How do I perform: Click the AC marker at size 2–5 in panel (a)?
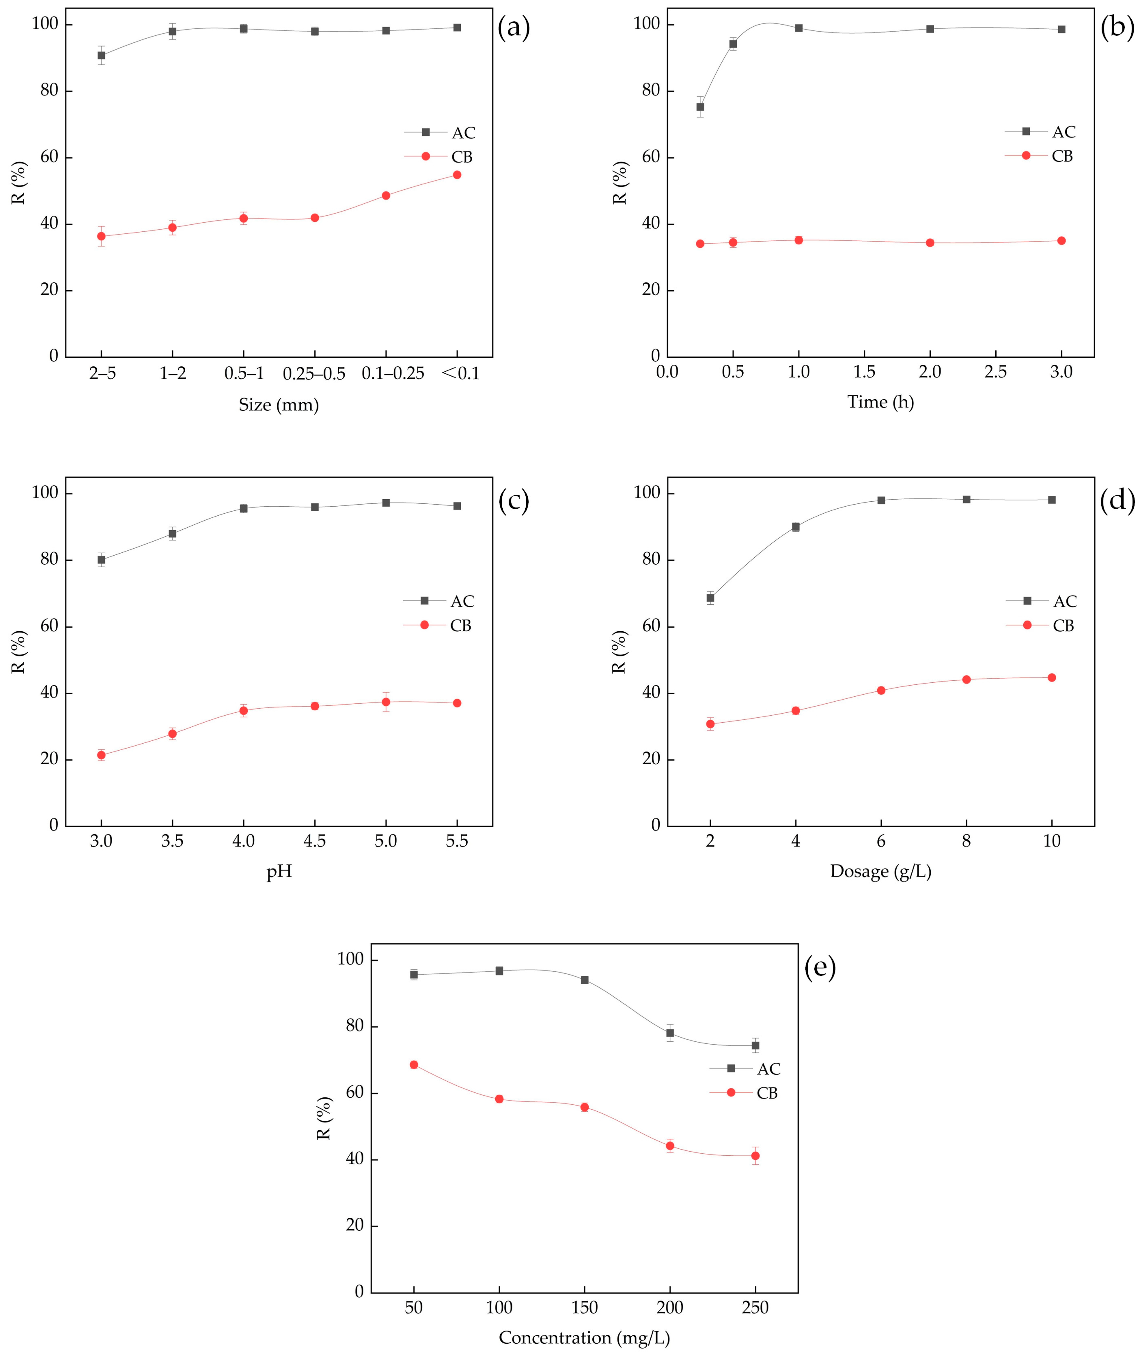tap(101, 55)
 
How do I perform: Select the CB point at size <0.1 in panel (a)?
tap(457, 174)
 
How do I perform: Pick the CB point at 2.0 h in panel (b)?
tap(930, 242)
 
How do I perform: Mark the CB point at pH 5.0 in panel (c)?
tap(386, 702)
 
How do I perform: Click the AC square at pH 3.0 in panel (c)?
tap(101, 559)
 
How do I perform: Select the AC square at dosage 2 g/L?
tap(710, 598)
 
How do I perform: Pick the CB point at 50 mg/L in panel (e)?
tap(414, 1064)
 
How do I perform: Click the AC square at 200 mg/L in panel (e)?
tap(670, 1032)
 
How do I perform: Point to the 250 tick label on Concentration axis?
tap(755, 1307)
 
